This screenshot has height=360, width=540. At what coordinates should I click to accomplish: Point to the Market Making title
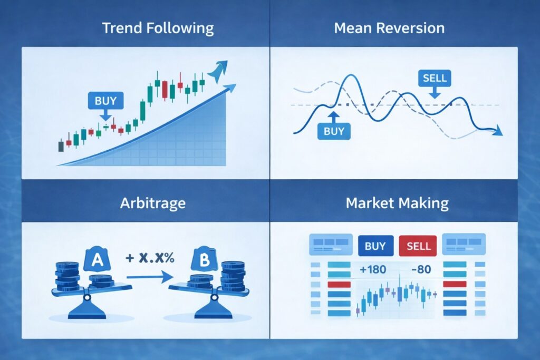pos(397,203)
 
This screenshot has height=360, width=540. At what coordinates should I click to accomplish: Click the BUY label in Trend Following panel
pos(105,100)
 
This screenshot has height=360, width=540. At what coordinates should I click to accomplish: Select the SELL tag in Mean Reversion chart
pos(435,79)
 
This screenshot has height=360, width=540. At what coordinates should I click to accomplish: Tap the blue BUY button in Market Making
pos(375,246)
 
